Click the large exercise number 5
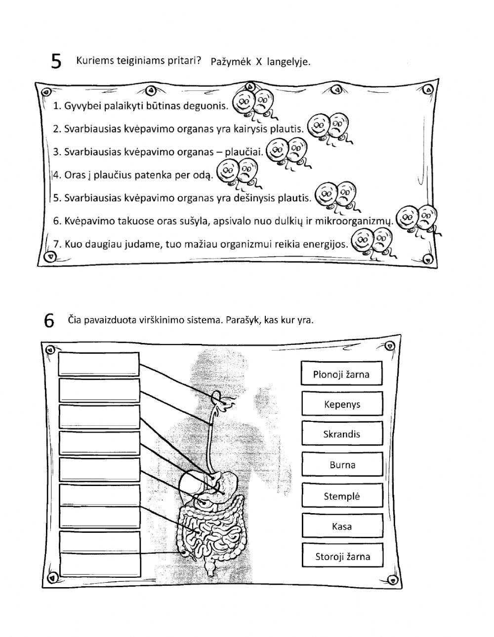pyautogui.click(x=57, y=62)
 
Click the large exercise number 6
pyautogui.click(x=49, y=321)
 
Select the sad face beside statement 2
pyautogui.click(x=338, y=126)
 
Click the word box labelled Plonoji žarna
pyautogui.click(x=341, y=374)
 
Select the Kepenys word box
pyautogui.click(x=342, y=404)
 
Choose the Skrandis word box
pyautogui.click(x=342, y=434)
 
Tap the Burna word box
pyautogui.click(x=342, y=465)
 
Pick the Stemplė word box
pyautogui.click(x=342, y=496)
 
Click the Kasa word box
pyautogui.click(x=342, y=526)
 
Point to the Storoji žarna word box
pyautogui.click(x=342, y=557)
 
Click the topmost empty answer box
pyautogui.click(x=99, y=364)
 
